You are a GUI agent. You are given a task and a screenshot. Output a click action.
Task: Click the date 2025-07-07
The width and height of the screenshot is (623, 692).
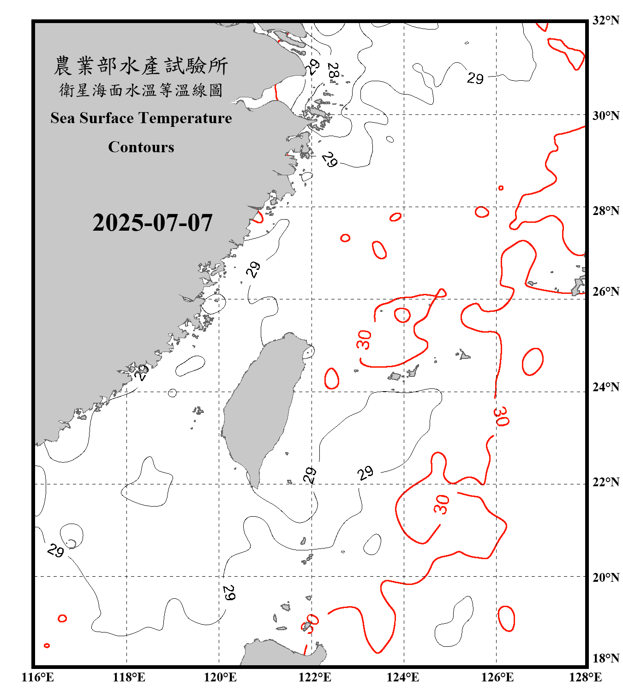152,223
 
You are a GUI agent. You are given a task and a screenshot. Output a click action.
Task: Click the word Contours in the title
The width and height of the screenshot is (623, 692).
141,147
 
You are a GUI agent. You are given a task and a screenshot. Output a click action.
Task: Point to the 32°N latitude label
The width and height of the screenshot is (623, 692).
605,20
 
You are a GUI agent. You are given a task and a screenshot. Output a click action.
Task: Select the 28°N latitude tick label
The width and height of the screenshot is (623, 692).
605,211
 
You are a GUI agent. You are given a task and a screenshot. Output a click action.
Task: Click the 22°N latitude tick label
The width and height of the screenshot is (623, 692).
605,482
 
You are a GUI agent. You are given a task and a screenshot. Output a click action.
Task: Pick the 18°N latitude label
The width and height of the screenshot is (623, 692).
605,658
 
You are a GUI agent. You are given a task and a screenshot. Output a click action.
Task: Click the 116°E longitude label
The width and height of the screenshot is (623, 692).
37,677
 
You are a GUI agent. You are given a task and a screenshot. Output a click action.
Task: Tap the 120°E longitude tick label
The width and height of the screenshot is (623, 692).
220,677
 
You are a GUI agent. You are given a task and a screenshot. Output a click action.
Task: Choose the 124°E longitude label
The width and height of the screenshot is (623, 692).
403,677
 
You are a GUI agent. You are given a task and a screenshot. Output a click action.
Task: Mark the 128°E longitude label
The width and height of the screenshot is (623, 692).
585,677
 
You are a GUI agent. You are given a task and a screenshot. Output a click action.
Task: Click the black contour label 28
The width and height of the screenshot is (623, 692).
333,71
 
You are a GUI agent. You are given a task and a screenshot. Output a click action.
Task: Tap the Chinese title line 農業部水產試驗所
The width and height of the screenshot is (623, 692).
141,66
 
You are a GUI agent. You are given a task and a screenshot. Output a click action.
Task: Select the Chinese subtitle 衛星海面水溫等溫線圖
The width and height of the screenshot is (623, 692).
141,90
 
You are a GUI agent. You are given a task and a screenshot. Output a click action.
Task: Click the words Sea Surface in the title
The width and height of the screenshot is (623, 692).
92,118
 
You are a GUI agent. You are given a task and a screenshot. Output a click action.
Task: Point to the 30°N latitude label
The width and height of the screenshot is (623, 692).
605,116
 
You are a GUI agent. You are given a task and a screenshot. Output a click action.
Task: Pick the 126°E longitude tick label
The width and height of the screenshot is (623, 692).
497,677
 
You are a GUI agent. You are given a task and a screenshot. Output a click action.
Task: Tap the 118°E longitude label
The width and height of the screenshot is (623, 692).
129,677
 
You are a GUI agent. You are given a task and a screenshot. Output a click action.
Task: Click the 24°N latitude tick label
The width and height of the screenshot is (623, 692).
605,387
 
